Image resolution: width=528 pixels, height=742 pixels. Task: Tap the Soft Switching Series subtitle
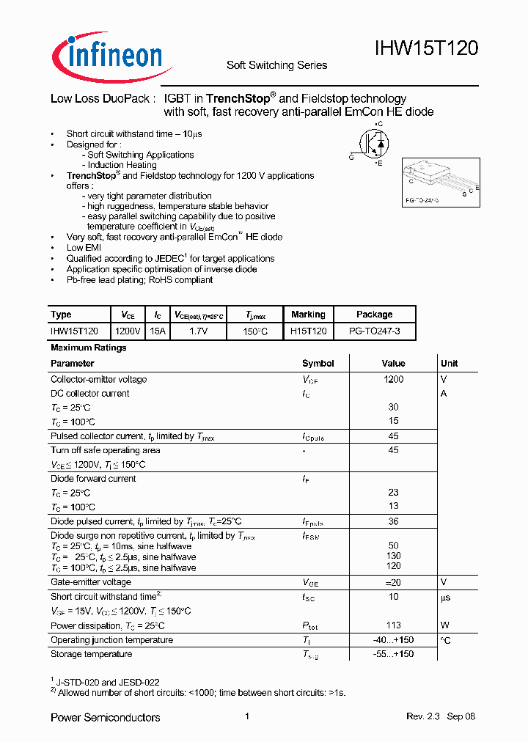click(276, 65)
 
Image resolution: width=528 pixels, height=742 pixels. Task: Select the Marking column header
click(308, 315)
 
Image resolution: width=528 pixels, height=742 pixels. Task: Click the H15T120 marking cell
click(308, 332)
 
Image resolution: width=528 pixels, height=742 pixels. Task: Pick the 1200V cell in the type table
click(128, 332)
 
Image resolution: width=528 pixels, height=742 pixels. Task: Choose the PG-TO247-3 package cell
click(374, 332)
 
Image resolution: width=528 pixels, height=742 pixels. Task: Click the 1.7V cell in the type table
click(199, 332)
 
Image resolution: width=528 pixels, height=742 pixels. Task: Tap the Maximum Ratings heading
click(89, 348)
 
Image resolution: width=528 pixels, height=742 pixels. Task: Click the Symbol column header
click(318, 363)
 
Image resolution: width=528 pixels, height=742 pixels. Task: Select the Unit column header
click(449, 363)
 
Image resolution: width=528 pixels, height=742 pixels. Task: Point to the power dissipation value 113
click(393, 625)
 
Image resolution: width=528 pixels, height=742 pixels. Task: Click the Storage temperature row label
click(91, 654)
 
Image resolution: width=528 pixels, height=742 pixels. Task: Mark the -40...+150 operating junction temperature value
click(393, 640)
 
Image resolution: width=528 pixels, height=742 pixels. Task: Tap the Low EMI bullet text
click(84, 248)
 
